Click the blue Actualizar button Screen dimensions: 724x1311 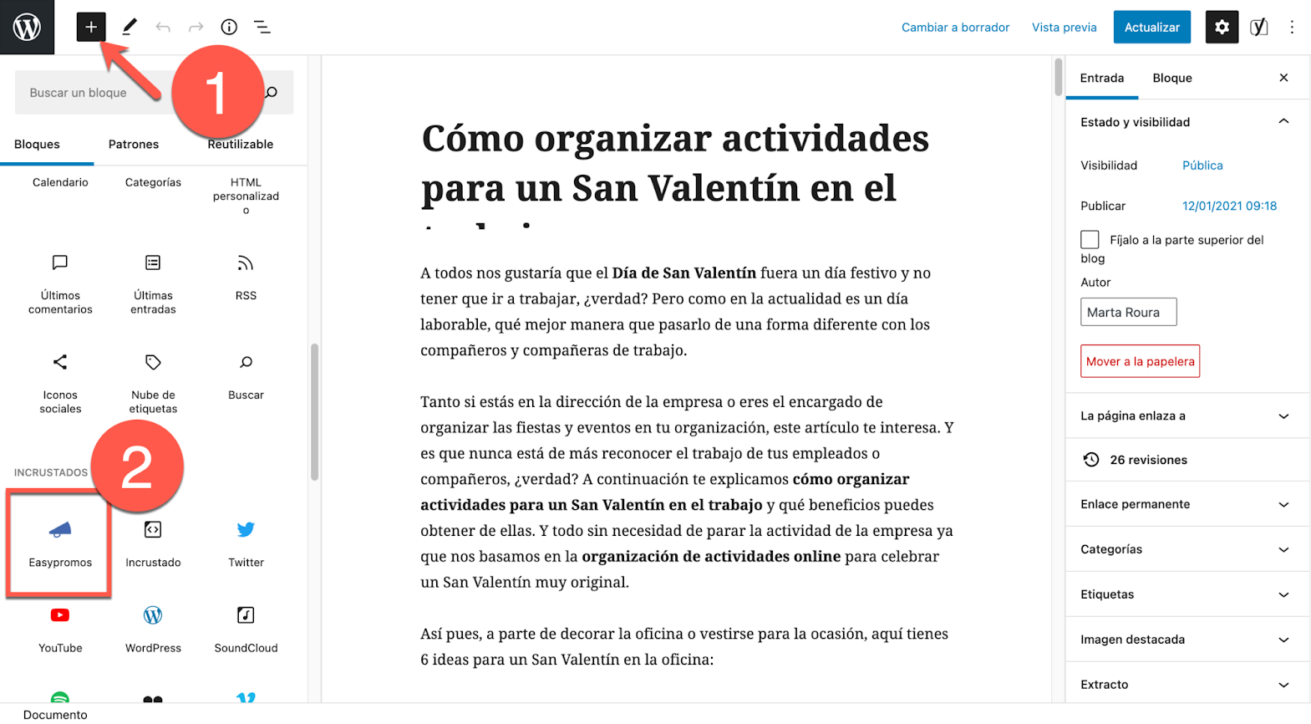click(1151, 28)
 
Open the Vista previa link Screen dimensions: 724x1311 click(1064, 28)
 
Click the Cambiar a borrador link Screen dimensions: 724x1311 click(955, 28)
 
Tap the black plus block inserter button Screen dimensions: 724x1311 click(91, 28)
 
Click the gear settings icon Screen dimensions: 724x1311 click(1222, 28)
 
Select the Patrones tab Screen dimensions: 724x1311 click(134, 145)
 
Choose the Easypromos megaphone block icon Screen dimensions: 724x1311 click(60, 530)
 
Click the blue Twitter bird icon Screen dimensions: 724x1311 click(246, 530)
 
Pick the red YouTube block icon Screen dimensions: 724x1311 click(60, 616)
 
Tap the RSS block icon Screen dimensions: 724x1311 click(246, 264)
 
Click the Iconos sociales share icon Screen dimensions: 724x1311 click(60, 363)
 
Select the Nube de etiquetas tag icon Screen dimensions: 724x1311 click(153, 363)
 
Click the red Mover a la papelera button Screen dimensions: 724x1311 click(1140, 361)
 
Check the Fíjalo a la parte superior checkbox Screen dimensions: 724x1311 click(1090, 240)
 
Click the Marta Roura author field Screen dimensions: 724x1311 click(1128, 313)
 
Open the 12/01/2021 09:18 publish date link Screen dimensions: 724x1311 click(1229, 206)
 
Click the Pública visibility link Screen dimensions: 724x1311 click(1202, 166)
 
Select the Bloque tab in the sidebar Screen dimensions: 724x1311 click(1172, 79)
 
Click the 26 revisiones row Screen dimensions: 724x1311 click(1148, 460)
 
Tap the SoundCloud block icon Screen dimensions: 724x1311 click(246, 616)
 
